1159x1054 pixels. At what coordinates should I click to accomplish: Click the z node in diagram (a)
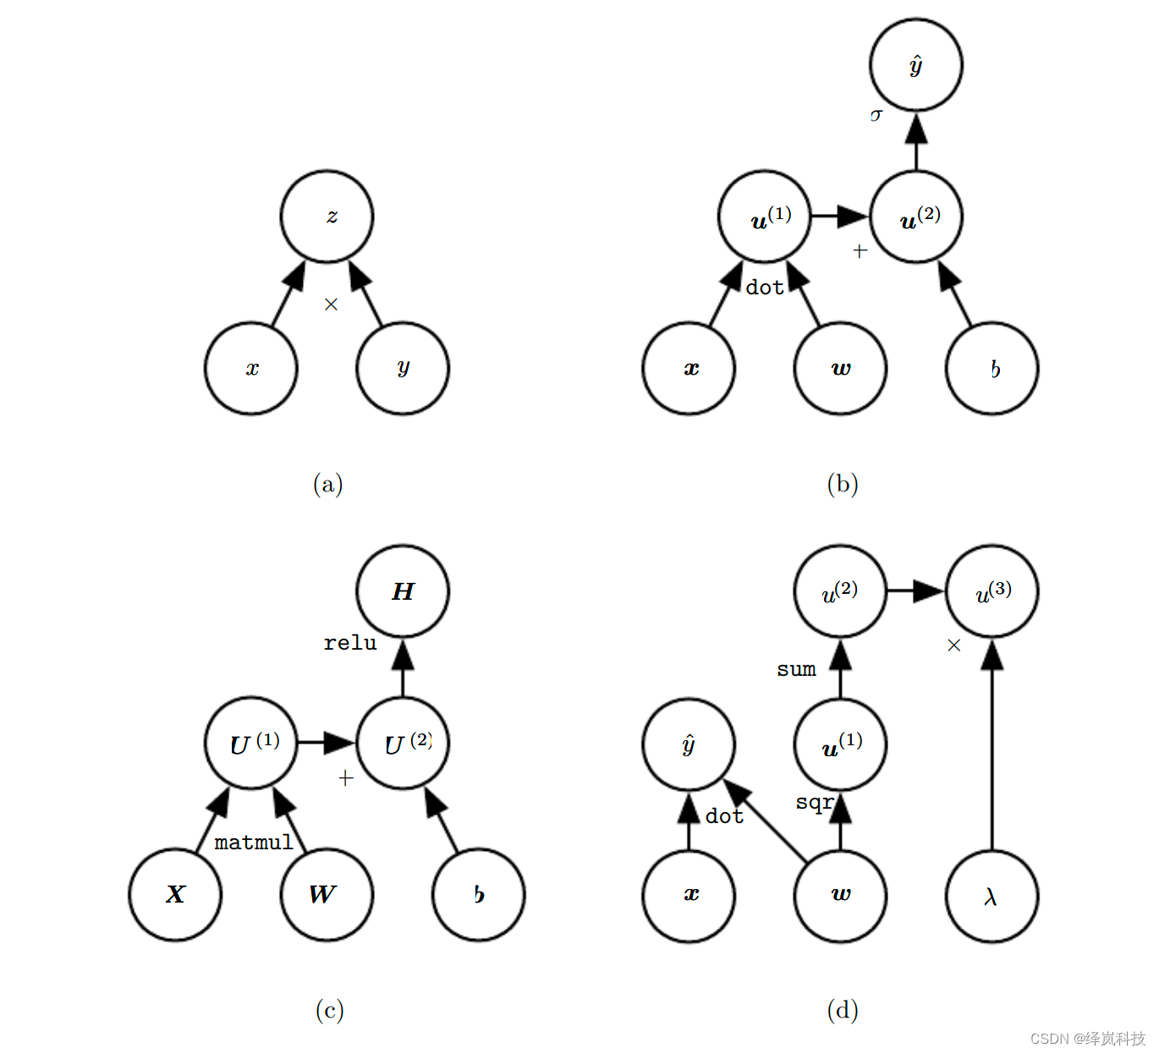pyautogui.click(x=327, y=217)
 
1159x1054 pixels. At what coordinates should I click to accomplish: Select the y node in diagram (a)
pyautogui.click(x=403, y=368)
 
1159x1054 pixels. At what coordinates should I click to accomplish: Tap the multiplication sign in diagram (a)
pyautogui.click(x=331, y=305)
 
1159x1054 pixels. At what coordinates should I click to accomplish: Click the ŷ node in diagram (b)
pyautogui.click(x=915, y=65)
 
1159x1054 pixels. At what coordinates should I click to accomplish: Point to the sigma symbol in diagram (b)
pyautogui.click(x=876, y=114)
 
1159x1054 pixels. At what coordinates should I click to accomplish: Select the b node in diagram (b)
pyautogui.click(x=991, y=368)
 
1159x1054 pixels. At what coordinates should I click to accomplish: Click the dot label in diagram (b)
pyautogui.click(x=764, y=288)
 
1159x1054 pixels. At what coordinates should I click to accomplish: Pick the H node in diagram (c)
pyautogui.click(x=403, y=591)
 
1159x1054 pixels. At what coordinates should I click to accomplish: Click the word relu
pyautogui.click(x=349, y=644)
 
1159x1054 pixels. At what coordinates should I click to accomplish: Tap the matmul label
pyautogui.click(x=253, y=843)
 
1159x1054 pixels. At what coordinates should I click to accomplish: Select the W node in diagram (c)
pyautogui.click(x=327, y=895)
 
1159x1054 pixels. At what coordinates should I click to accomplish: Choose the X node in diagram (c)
pyautogui.click(x=175, y=895)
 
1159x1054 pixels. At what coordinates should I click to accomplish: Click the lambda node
pyautogui.click(x=991, y=896)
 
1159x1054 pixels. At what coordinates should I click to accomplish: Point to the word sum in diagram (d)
pyautogui.click(x=796, y=670)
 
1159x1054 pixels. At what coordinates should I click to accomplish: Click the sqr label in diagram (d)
pyautogui.click(x=814, y=802)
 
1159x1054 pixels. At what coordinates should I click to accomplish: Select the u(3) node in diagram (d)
pyautogui.click(x=991, y=591)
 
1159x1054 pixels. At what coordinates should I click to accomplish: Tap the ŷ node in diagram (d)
pyautogui.click(x=689, y=744)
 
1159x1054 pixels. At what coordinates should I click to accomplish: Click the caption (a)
pyautogui.click(x=328, y=484)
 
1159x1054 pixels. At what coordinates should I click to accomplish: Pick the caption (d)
pyautogui.click(x=843, y=1010)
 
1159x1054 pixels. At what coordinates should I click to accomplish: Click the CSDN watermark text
pyautogui.click(x=1087, y=1039)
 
